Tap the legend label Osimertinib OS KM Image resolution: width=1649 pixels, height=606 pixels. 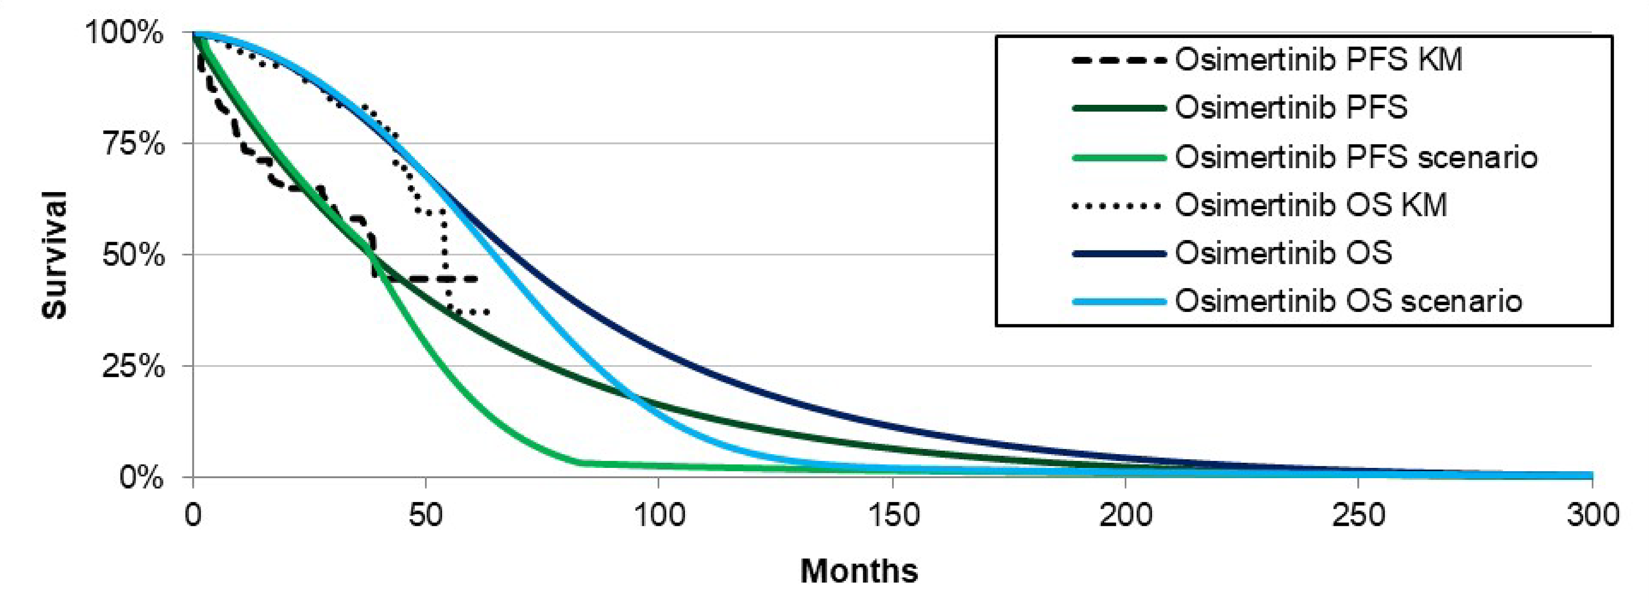click(x=1311, y=206)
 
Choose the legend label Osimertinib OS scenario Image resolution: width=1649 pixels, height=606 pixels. click(x=1348, y=301)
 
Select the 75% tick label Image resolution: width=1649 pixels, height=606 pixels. click(x=133, y=144)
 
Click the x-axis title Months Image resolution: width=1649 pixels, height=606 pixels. click(x=859, y=571)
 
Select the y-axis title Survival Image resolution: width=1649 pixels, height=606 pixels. click(x=54, y=255)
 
